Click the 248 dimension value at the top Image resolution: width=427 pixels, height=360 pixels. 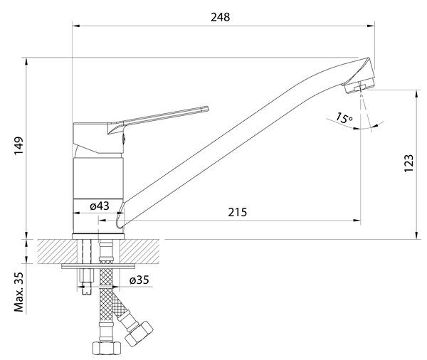click(x=221, y=17)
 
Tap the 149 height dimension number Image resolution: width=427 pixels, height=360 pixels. click(x=19, y=146)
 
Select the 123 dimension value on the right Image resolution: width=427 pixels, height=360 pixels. click(x=408, y=164)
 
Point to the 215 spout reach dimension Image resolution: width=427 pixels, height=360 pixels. click(x=238, y=212)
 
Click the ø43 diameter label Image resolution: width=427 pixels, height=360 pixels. click(x=100, y=206)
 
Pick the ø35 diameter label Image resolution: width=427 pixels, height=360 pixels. click(x=139, y=280)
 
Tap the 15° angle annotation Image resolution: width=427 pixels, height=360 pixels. click(x=344, y=118)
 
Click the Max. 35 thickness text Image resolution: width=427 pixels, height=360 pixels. click(x=19, y=292)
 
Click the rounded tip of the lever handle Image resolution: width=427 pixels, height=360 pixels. click(x=206, y=109)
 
